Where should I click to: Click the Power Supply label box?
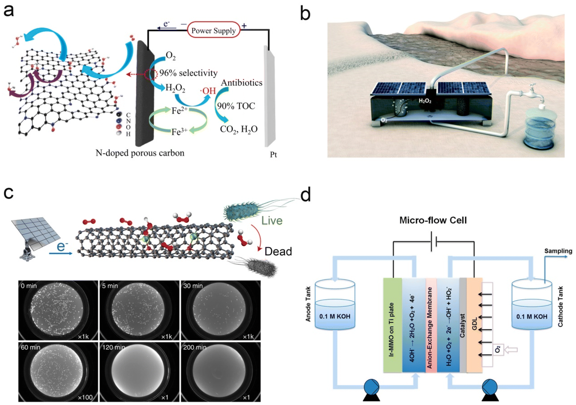click(x=213, y=30)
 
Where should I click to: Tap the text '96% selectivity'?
click(x=188, y=73)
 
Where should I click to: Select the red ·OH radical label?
click(x=208, y=91)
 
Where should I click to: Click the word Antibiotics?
click(x=242, y=83)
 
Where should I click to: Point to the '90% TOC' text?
click(x=236, y=106)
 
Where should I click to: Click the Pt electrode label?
click(x=273, y=155)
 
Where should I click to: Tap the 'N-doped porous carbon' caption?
click(x=140, y=153)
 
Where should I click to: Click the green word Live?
click(x=272, y=220)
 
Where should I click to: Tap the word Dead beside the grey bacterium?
click(x=278, y=251)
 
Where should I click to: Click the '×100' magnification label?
click(x=85, y=397)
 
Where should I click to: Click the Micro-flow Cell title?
click(x=433, y=220)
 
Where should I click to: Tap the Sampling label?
click(x=558, y=251)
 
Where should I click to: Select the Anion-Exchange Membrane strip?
click(x=431, y=325)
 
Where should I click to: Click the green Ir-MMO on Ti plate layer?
click(x=392, y=325)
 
